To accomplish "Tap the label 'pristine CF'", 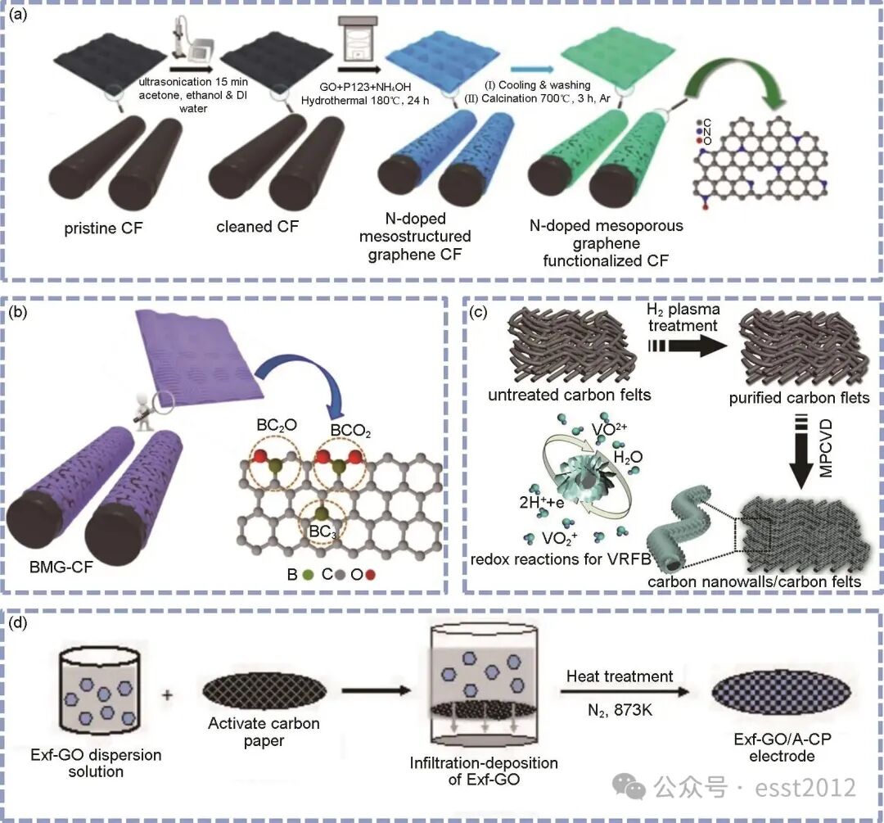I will click(x=104, y=228).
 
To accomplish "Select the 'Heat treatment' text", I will click(x=620, y=676).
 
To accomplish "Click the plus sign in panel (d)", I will click(x=167, y=696).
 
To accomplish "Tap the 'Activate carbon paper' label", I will click(x=264, y=732).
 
